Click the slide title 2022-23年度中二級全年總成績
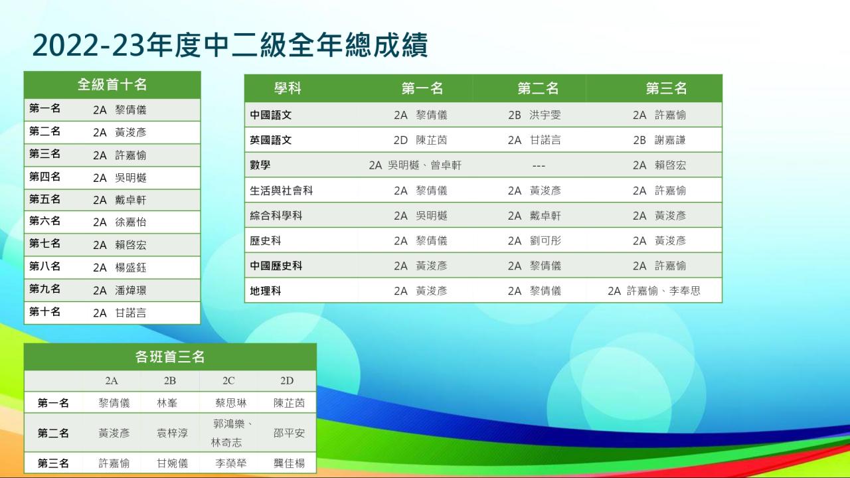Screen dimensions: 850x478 click(230, 45)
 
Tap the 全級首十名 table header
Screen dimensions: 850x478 click(112, 84)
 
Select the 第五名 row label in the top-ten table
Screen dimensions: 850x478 click(44, 199)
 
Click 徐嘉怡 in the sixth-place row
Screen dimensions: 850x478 click(131, 222)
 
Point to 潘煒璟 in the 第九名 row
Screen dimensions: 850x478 click(131, 290)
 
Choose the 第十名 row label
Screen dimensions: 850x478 click(44, 312)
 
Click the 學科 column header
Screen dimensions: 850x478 click(288, 88)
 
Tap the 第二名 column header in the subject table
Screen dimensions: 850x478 click(538, 88)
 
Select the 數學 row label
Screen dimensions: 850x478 click(260, 165)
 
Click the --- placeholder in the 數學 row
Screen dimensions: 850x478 click(539, 166)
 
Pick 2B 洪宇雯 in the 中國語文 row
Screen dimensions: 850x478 click(535, 115)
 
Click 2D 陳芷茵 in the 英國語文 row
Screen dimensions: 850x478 click(420, 140)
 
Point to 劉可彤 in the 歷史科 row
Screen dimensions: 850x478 click(545, 241)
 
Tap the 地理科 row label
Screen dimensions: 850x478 click(265, 291)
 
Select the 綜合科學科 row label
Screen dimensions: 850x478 click(276, 216)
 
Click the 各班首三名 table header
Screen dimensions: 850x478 click(170, 357)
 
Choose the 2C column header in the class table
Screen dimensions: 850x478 click(228, 381)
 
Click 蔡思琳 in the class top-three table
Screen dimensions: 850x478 click(230, 403)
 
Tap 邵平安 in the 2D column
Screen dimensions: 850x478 click(289, 434)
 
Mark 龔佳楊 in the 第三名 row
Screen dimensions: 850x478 click(289, 463)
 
